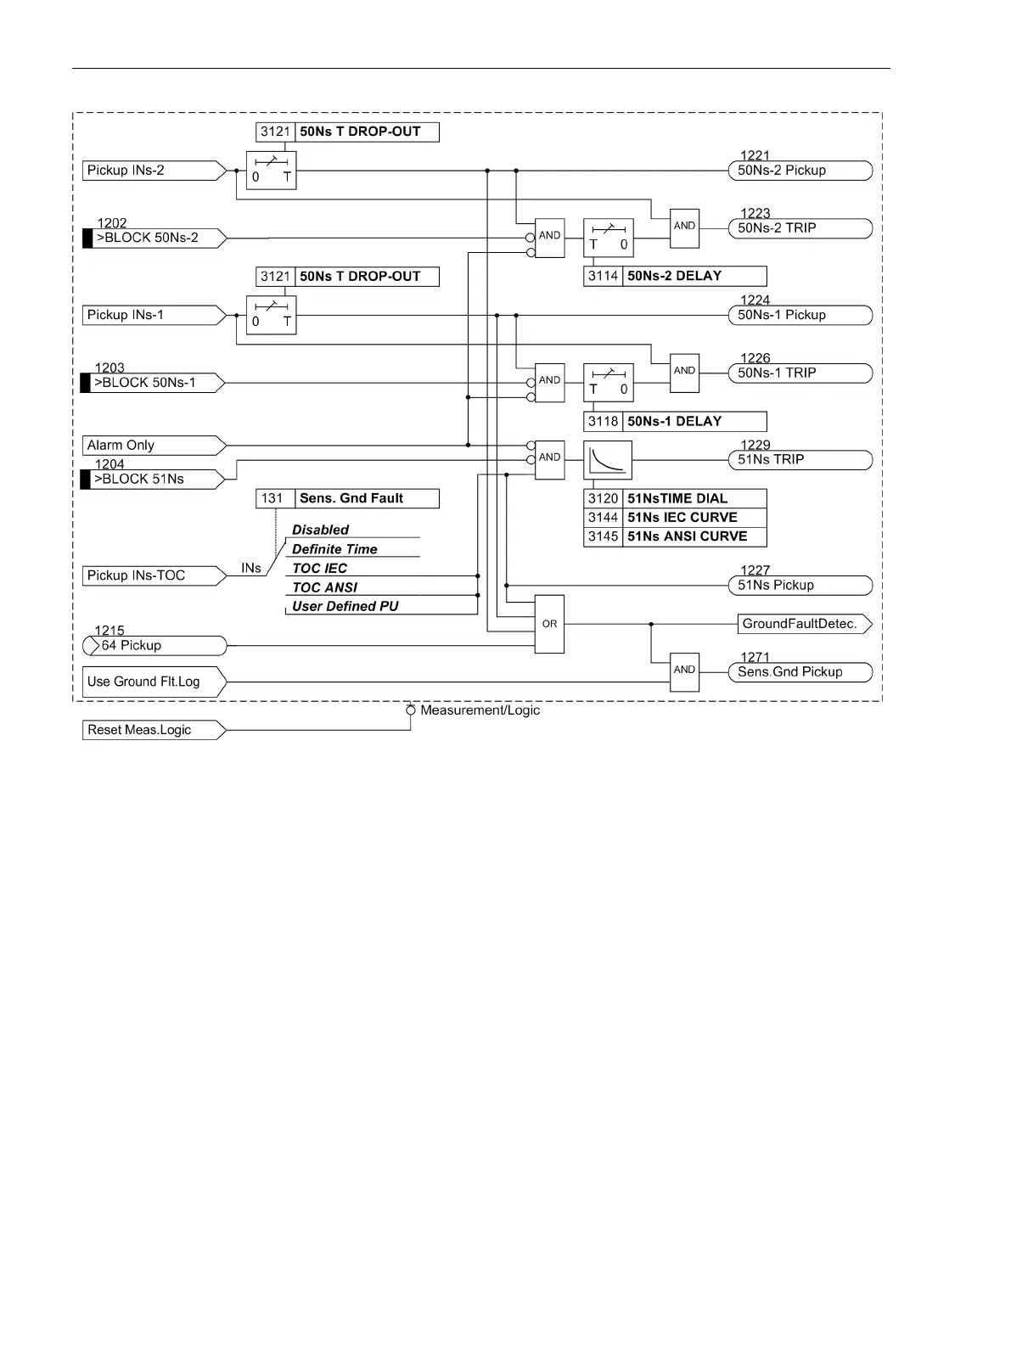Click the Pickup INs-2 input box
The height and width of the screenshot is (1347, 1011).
tap(153, 171)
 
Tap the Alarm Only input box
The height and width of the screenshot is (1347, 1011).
tap(153, 446)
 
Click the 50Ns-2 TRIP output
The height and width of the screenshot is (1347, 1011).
tap(800, 228)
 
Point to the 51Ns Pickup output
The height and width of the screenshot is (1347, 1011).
tap(800, 586)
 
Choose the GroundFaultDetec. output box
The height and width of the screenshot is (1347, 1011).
tap(803, 625)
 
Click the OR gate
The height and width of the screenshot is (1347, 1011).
tap(549, 625)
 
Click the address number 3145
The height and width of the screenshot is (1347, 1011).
tap(603, 537)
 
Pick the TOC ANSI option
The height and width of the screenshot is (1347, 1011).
tap(325, 587)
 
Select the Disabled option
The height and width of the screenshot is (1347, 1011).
tap(321, 530)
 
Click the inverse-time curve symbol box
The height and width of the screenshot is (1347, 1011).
tap(608, 460)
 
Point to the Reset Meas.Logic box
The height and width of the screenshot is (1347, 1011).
tap(153, 730)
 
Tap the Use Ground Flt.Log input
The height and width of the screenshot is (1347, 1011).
tap(153, 682)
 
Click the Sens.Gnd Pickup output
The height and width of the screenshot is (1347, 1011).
tap(800, 672)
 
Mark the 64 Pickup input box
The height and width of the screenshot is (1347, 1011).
tap(154, 646)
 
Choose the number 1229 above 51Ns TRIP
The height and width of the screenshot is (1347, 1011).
tap(755, 446)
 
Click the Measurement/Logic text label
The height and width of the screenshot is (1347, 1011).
tap(480, 710)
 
